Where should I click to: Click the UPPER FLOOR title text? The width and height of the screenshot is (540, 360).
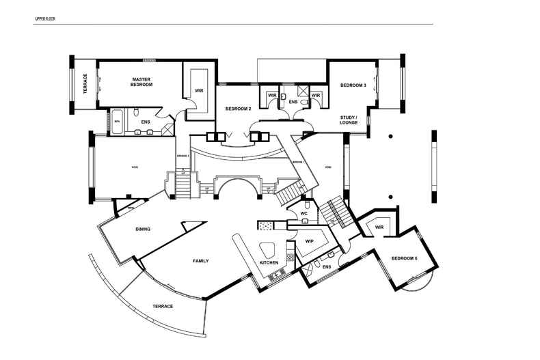[x=45, y=19]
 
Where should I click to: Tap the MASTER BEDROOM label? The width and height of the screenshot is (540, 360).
[x=141, y=82]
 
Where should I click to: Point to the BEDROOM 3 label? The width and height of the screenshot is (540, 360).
[x=353, y=85]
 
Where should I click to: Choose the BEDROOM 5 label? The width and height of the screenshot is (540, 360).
[x=404, y=258]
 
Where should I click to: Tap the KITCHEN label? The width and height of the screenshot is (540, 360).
[x=268, y=263]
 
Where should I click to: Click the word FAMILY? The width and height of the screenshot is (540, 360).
[x=201, y=261]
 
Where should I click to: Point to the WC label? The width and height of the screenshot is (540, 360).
[x=304, y=214]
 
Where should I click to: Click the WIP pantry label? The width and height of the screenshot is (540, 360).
[x=309, y=241]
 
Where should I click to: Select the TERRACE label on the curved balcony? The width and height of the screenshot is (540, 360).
[x=163, y=306]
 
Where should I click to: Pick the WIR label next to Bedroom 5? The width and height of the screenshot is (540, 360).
[x=379, y=227]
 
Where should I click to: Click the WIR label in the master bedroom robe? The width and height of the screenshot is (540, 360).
[x=199, y=89]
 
